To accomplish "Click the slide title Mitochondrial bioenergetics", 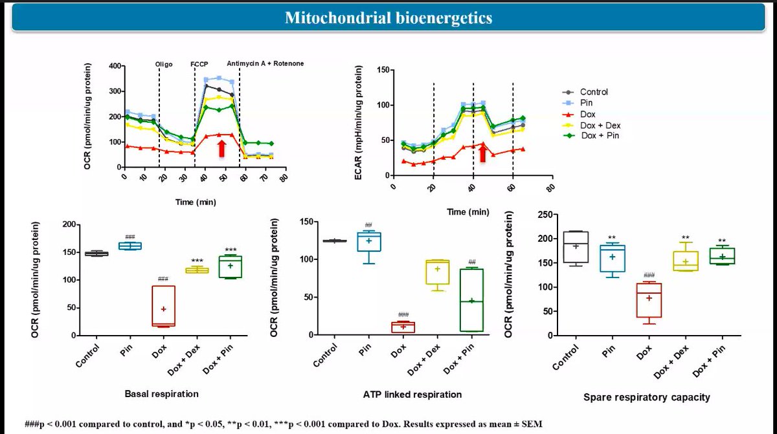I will click(x=388, y=17).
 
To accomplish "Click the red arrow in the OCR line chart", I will click(x=221, y=148).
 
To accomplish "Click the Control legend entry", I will click(x=594, y=92).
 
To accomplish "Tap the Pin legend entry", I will click(x=587, y=103).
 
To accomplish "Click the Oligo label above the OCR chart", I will click(x=164, y=64).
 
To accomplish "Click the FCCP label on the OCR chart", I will click(x=199, y=64).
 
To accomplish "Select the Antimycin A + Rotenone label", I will click(x=265, y=64).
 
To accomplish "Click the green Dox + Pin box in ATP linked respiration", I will click(x=472, y=300).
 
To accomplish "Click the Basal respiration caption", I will click(x=161, y=393).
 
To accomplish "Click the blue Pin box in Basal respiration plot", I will click(x=129, y=246).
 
